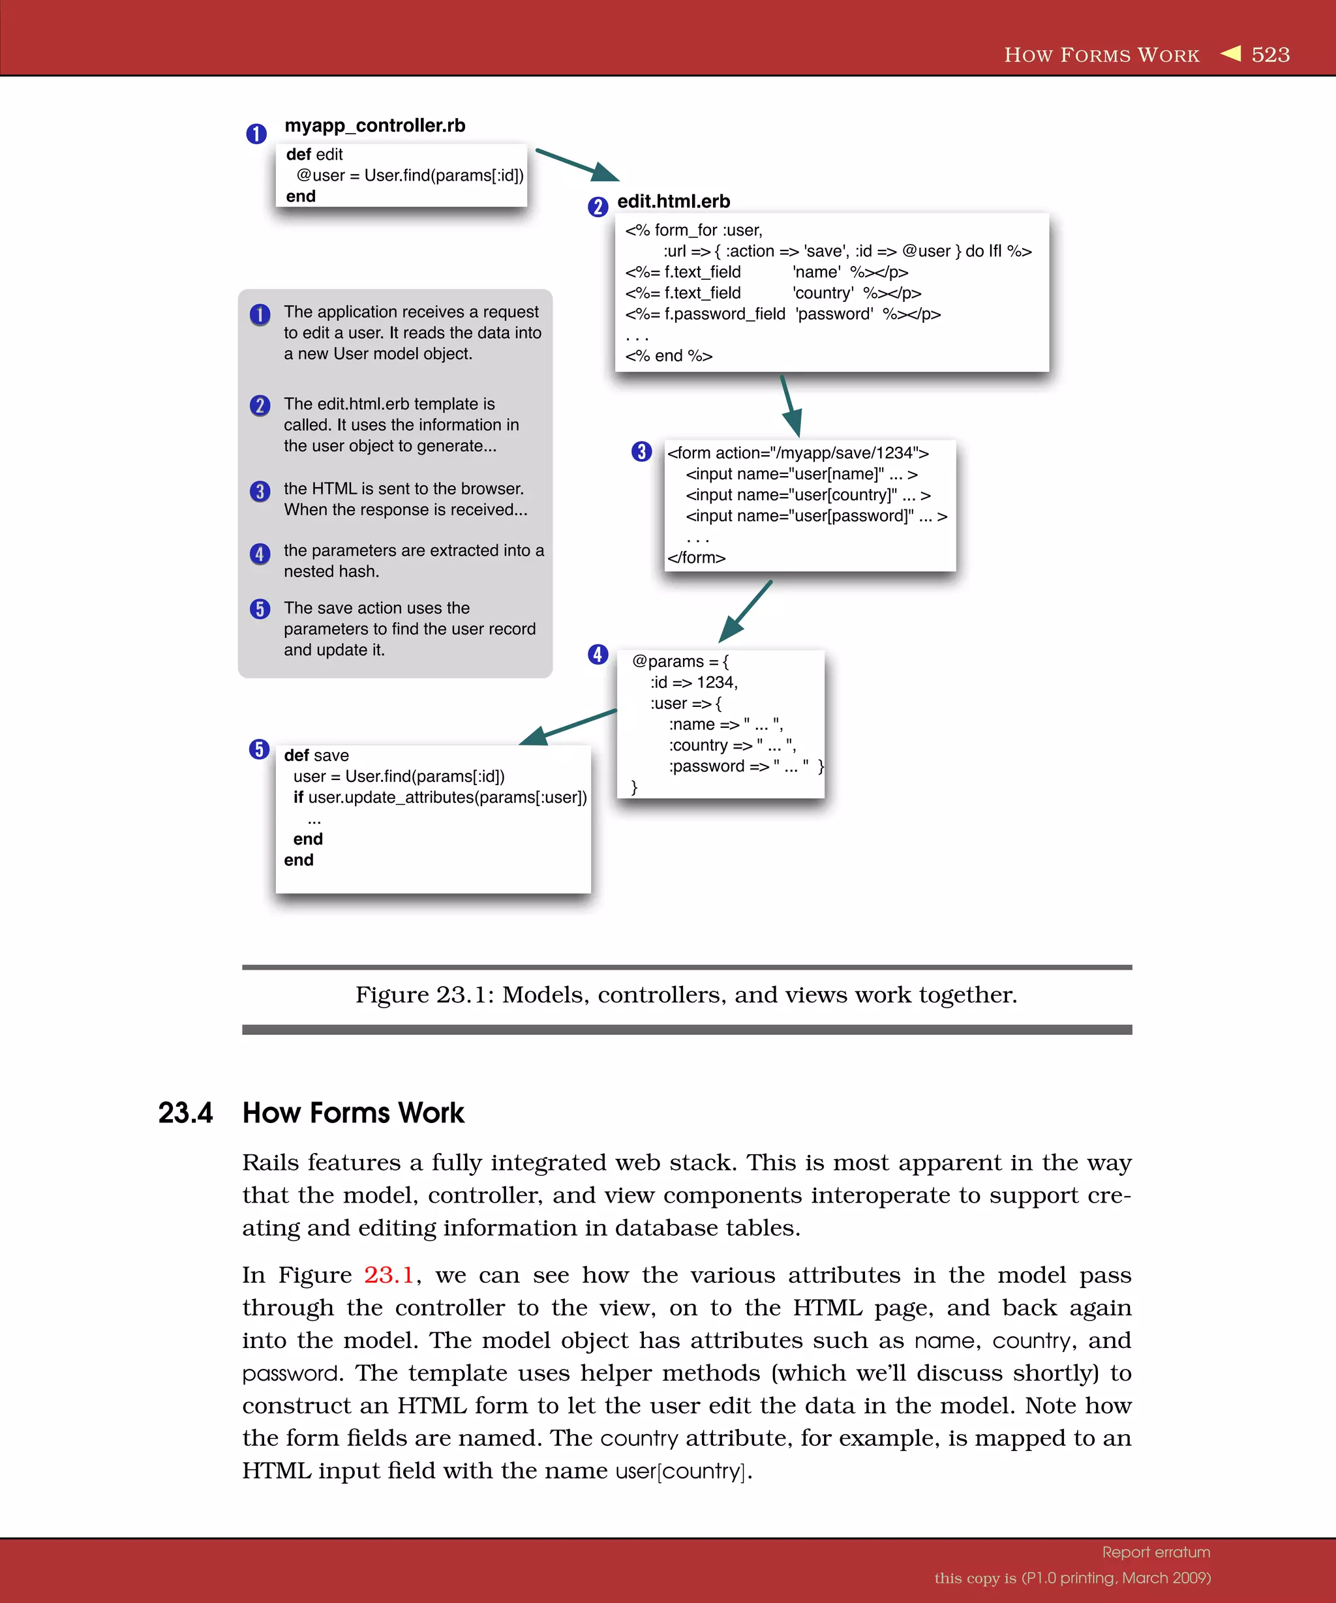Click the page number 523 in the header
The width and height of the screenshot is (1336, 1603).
point(1270,55)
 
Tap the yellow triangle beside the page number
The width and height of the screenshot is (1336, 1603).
point(1231,53)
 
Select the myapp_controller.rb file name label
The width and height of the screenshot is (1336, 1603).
point(375,125)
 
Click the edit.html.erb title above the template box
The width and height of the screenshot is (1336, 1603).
point(673,202)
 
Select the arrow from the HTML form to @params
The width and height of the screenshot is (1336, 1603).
point(746,610)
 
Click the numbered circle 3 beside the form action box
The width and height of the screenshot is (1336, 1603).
point(641,452)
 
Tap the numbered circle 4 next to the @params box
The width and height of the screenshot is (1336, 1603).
point(598,654)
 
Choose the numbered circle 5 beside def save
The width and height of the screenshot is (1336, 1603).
point(260,749)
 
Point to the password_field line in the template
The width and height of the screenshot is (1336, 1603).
point(783,314)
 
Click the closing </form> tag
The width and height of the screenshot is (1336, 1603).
point(696,558)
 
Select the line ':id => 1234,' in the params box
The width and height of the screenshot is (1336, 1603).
point(694,682)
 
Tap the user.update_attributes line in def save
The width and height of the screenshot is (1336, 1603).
point(440,798)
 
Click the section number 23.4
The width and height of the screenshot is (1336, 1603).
point(185,1113)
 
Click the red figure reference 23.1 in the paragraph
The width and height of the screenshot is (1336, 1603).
point(389,1276)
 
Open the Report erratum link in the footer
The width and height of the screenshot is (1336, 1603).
point(1156,1552)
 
